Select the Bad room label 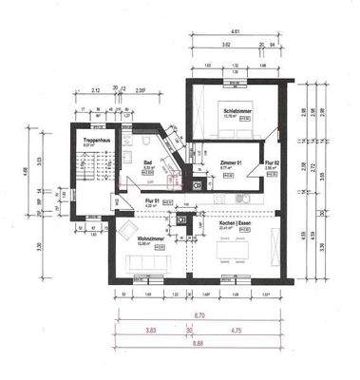point(149,162)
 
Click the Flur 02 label point(269,162)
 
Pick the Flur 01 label point(151,201)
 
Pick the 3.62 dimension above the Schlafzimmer point(225,45)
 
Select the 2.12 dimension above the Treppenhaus point(96,90)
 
